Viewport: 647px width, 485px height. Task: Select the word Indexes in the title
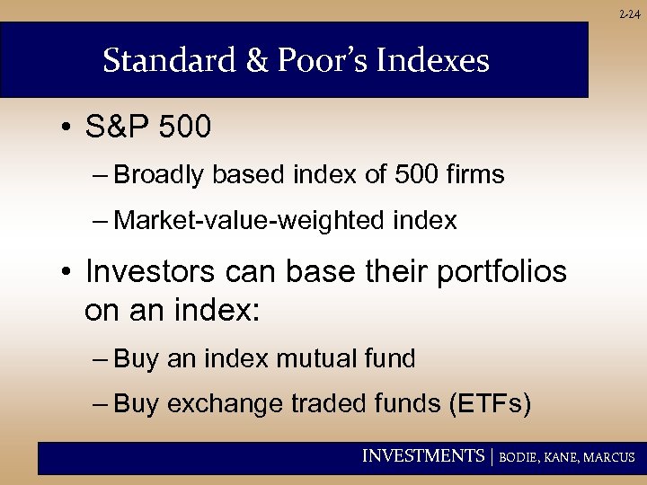pyautogui.click(x=436, y=61)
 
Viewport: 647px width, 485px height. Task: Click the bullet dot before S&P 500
pyautogui.click(x=67, y=128)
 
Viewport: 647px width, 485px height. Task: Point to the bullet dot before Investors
pyautogui.click(x=67, y=271)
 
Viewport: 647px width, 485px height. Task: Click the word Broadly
pyautogui.click(x=160, y=175)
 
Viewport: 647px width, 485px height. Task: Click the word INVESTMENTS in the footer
pyautogui.click(x=422, y=456)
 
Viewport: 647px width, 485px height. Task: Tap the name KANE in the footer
pyautogui.click(x=563, y=457)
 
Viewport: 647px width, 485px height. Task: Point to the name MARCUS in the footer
pyautogui.click(x=611, y=457)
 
